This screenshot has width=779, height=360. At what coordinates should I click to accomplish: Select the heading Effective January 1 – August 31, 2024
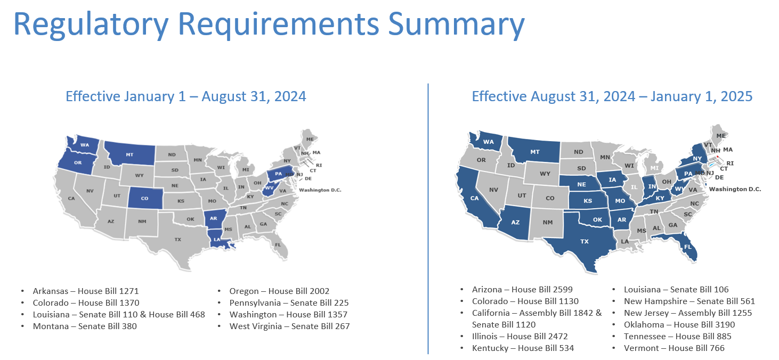click(186, 96)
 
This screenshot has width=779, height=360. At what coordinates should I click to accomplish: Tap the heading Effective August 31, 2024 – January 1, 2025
click(612, 96)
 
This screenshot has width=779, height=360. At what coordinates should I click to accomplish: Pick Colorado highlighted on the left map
click(145, 198)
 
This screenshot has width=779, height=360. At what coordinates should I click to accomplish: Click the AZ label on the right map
click(515, 222)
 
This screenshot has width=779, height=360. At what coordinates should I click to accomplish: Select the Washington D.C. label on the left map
click(320, 190)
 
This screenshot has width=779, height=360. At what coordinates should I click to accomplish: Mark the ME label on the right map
click(721, 136)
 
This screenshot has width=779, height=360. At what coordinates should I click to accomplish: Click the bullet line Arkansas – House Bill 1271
click(86, 291)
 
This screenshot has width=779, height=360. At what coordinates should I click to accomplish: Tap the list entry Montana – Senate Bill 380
click(85, 326)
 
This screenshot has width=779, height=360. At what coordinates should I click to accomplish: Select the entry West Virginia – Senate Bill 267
click(289, 326)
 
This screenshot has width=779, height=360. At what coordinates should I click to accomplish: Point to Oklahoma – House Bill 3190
click(679, 324)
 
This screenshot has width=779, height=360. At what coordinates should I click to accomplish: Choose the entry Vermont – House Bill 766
click(674, 348)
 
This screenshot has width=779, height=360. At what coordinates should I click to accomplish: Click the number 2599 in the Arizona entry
click(562, 290)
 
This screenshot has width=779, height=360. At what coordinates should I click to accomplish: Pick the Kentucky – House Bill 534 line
click(523, 348)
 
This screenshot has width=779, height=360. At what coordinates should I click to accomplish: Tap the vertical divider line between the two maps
click(428, 219)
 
